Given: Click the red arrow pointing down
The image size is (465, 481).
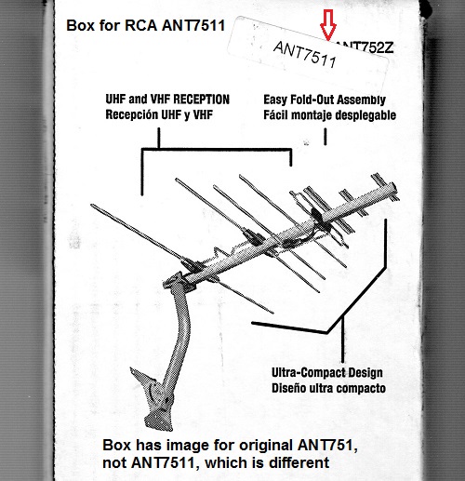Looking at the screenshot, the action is (328, 25).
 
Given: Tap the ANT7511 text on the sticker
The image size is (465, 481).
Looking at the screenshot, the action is (305, 55).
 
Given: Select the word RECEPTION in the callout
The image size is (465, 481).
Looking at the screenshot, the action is (201, 100).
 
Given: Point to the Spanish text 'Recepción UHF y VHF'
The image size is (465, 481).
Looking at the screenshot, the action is (159, 114).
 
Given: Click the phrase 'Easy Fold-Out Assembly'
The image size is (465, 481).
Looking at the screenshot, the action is (325, 100).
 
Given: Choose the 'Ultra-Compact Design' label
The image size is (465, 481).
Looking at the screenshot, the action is (327, 373).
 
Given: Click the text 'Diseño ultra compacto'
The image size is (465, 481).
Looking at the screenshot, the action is (328, 388).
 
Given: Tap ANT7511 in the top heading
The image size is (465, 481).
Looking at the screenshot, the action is (193, 25).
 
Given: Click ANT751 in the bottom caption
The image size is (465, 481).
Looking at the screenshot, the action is (327, 446).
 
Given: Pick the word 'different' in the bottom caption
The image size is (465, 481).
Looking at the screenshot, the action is (298, 462).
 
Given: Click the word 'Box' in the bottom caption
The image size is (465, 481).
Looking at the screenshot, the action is (117, 445).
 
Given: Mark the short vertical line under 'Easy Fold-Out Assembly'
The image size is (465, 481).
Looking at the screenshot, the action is (325, 137).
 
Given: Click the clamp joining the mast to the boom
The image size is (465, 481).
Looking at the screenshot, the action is (179, 281).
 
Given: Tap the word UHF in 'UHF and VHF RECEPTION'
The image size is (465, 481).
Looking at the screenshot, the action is (115, 100).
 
